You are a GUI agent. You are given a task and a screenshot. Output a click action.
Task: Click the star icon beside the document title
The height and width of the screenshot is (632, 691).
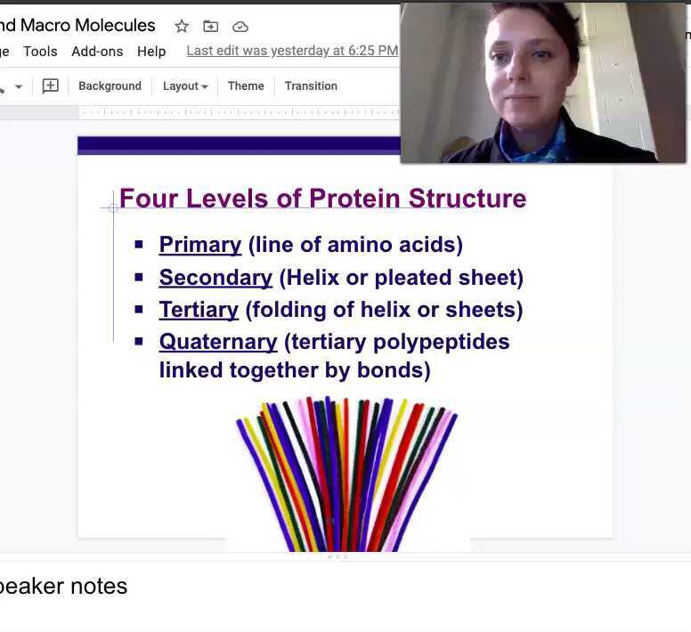(x=182, y=26)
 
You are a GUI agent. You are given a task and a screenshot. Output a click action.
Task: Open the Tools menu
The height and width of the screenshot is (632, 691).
(x=40, y=52)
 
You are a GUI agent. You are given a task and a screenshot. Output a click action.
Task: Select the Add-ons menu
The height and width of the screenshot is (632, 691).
(x=97, y=52)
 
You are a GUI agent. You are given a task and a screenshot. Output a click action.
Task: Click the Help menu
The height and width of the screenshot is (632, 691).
(x=151, y=52)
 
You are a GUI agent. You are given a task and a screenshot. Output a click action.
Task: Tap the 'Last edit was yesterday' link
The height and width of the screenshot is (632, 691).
(x=292, y=51)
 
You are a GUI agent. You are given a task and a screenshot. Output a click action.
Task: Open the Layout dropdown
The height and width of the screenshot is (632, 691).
(x=184, y=86)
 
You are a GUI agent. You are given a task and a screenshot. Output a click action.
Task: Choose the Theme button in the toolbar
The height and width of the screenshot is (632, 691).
(x=246, y=86)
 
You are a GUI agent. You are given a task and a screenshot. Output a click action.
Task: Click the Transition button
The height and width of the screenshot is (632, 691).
(x=311, y=86)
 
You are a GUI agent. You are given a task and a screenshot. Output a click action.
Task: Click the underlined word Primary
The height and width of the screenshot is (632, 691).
(x=200, y=245)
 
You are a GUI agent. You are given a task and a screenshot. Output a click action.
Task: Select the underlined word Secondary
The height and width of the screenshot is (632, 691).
(x=215, y=278)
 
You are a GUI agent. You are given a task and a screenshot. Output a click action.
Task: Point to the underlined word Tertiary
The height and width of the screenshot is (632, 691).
(x=199, y=310)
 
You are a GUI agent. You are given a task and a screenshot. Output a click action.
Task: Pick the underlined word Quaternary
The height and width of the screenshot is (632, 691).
(x=218, y=342)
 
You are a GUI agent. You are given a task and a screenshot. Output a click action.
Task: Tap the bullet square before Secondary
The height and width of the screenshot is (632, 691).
(x=139, y=277)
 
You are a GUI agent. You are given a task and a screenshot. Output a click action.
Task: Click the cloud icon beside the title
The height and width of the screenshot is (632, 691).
(x=240, y=27)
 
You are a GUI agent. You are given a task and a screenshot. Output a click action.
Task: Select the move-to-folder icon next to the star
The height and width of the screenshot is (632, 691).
(x=210, y=26)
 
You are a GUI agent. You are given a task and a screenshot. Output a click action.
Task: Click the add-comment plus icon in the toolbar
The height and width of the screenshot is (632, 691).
(x=51, y=86)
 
